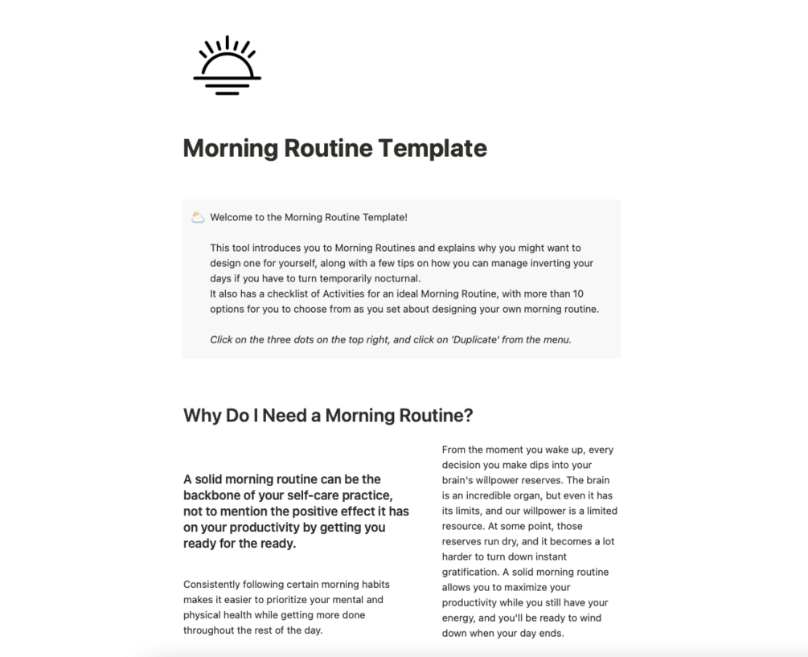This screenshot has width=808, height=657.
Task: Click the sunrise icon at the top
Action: [x=227, y=66]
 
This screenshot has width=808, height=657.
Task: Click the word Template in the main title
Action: [x=432, y=149]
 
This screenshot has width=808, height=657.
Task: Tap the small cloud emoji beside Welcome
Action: [x=198, y=217]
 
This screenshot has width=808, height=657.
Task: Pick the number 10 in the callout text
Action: [x=578, y=294]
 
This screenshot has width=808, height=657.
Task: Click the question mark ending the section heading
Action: [x=468, y=416]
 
